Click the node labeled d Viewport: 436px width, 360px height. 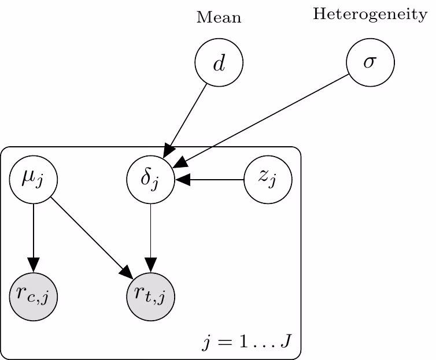[x=219, y=63]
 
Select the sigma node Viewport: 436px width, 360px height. [x=370, y=62]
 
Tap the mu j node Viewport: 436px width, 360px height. [x=34, y=180]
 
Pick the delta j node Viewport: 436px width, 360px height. [x=150, y=180]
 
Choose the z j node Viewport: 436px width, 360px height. [x=267, y=180]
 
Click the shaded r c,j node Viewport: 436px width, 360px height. [x=34, y=297]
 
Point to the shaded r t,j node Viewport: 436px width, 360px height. [x=150, y=297]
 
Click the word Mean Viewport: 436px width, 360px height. [x=219, y=18]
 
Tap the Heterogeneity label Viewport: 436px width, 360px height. [x=370, y=15]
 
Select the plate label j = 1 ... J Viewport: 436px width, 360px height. [x=247, y=343]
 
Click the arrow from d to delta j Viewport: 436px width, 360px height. [x=186, y=118]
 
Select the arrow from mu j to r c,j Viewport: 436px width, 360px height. [x=34, y=237]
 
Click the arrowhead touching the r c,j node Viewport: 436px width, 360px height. [x=34, y=265]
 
